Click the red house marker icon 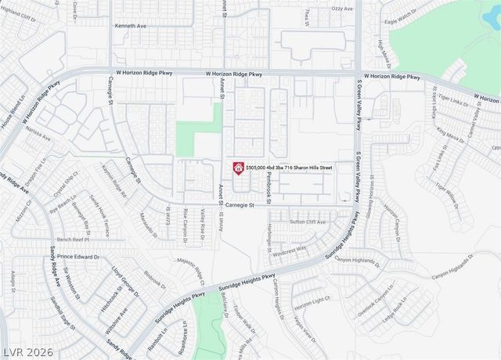tap(237, 167)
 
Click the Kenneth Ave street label tap(131, 26)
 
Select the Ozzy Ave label tap(341, 9)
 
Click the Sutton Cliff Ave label tap(308, 222)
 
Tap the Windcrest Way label tap(290, 250)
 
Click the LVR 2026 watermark tap(28, 352)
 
